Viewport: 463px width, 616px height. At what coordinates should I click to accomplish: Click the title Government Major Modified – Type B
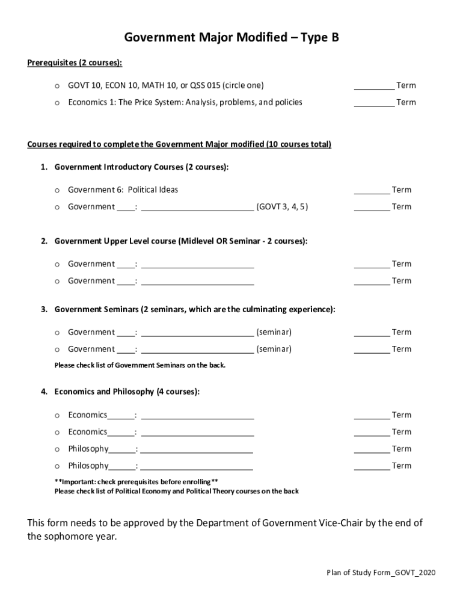(231, 38)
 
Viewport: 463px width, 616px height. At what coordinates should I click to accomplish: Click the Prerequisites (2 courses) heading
(75, 63)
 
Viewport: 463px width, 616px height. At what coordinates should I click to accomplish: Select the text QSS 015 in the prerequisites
(205, 85)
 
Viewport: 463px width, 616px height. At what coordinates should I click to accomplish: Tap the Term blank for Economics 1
(374, 102)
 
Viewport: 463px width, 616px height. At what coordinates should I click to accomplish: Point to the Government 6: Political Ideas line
(123, 190)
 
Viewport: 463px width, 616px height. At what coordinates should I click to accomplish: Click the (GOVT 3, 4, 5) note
(283, 207)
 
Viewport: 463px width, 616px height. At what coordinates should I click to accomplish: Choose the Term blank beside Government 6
(372, 190)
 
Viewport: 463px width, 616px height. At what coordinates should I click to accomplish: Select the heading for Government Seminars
(195, 309)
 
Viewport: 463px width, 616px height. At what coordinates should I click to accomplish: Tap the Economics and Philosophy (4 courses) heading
(127, 392)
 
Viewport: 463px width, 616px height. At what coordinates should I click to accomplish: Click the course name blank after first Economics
(197, 415)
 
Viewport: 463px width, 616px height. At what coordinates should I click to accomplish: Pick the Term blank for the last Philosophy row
(372, 466)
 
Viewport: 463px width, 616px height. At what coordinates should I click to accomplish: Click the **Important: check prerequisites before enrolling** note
(136, 482)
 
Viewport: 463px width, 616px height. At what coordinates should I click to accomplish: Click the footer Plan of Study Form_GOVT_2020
(376, 572)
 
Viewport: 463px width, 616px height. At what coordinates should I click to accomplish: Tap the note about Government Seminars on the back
(140, 365)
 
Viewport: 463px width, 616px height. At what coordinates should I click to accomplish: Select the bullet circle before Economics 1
(57, 103)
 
